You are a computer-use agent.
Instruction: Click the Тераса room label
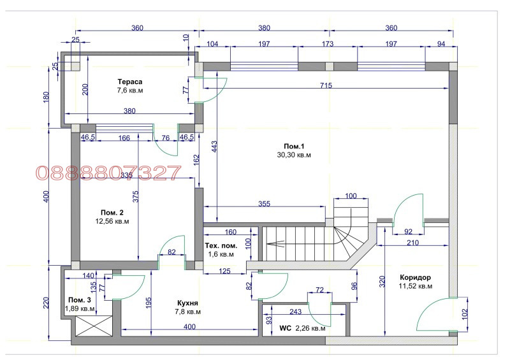pos(130,82)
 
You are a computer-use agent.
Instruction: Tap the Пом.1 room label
pos(294,147)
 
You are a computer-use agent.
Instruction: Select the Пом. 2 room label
pos(112,213)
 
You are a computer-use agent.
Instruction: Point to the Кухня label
pos(187,303)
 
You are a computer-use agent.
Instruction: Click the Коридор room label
pos(416,277)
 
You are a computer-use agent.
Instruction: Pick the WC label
pos(285,328)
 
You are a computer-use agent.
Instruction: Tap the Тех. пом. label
pos(221,246)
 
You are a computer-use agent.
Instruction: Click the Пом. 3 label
pos(80,300)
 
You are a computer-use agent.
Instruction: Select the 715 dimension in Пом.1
pos(326,85)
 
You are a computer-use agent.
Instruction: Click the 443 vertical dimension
pos(214,147)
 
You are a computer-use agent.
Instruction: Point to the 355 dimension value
pos(264,204)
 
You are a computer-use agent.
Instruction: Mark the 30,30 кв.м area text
pos(294,155)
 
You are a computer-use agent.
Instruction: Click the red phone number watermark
pos(108,173)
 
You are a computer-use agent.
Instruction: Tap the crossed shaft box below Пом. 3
pos(94,326)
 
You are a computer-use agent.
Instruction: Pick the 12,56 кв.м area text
pos(112,222)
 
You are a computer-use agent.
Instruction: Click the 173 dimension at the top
pos(328,44)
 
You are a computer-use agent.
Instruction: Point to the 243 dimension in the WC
pos(295,312)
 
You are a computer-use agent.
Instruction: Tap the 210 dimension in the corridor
pos(412,243)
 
